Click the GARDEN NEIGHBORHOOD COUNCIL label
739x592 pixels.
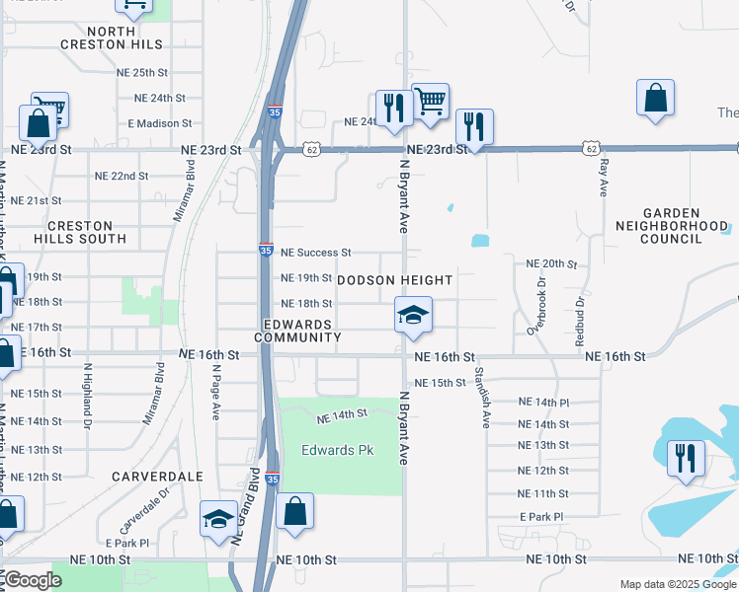[685, 226]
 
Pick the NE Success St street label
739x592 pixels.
[316, 253]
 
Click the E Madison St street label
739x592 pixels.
[160, 123]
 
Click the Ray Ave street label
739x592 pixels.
[604, 176]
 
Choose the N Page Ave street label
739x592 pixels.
[215, 392]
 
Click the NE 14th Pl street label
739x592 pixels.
[544, 403]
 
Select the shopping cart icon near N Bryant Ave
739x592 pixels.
[430, 101]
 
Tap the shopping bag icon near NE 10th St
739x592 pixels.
[294, 511]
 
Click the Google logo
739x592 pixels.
[33, 580]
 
